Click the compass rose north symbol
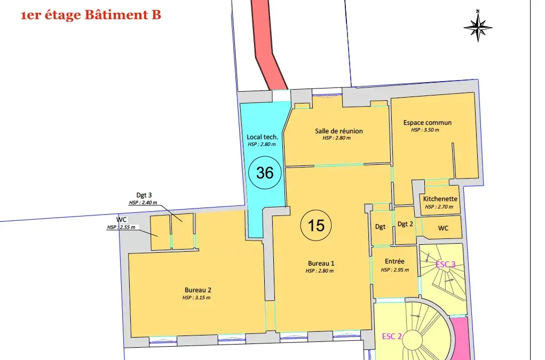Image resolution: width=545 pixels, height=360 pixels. click(478, 26)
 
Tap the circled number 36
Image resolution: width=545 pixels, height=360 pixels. click(265, 173)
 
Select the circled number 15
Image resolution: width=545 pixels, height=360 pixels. click(316, 225)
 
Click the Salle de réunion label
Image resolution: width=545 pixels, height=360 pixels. click(339, 131)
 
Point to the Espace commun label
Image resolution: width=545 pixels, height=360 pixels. click(427, 123)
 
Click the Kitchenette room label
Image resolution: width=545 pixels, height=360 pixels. click(440, 199)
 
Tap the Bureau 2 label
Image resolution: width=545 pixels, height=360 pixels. click(198, 290)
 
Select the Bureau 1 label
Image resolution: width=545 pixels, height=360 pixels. click(321, 263)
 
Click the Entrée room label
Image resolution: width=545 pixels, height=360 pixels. click(394, 261)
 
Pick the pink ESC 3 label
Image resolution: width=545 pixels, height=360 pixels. click(445, 264)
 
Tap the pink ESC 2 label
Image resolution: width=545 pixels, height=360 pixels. click(392, 336)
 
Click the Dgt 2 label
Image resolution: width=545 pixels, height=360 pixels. click(405, 224)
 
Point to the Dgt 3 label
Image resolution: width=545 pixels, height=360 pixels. click(144, 195)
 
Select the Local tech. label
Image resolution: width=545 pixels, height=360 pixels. click(263, 137)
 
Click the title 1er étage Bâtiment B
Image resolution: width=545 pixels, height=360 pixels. click(91, 15)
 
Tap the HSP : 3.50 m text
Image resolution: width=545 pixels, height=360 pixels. click(425, 130)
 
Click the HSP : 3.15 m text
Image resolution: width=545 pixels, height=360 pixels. click(196, 298)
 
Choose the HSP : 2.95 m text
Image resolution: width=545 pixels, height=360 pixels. click(395, 270)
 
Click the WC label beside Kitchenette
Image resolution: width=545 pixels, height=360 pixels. click(443, 228)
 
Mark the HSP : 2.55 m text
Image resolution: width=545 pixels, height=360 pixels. click(121, 227)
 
